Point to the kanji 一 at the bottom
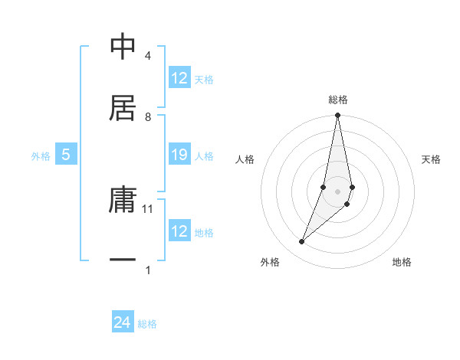pyautogui.click(x=123, y=260)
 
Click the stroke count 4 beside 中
pyautogui.click(x=147, y=57)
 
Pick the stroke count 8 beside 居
pyautogui.click(x=147, y=116)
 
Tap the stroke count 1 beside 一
pyautogui.click(x=147, y=270)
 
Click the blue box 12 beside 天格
pyautogui.click(x=179, y=78)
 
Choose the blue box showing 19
pyautogui.click(x=179, y=155)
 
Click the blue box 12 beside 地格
pyautogui.click(x=179, y=231)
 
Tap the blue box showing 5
pyautogui.click(x=66, y=155)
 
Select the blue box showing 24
pyautogui.click(x=123, y=322)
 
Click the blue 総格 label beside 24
pyautogui.click(x=147, y=324)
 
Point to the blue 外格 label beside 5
pyautogui.click(x=41, y=156)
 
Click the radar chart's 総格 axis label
pyautogui.click(x=338, y=100)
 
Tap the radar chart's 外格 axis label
pyautogui.click(x=270, y=262)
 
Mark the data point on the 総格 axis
pyautogui.click(x=337, y=116)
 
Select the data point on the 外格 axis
pyautogui.click(x=302, y=242)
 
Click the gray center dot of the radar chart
pyautogui.click(x=337, y=191)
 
